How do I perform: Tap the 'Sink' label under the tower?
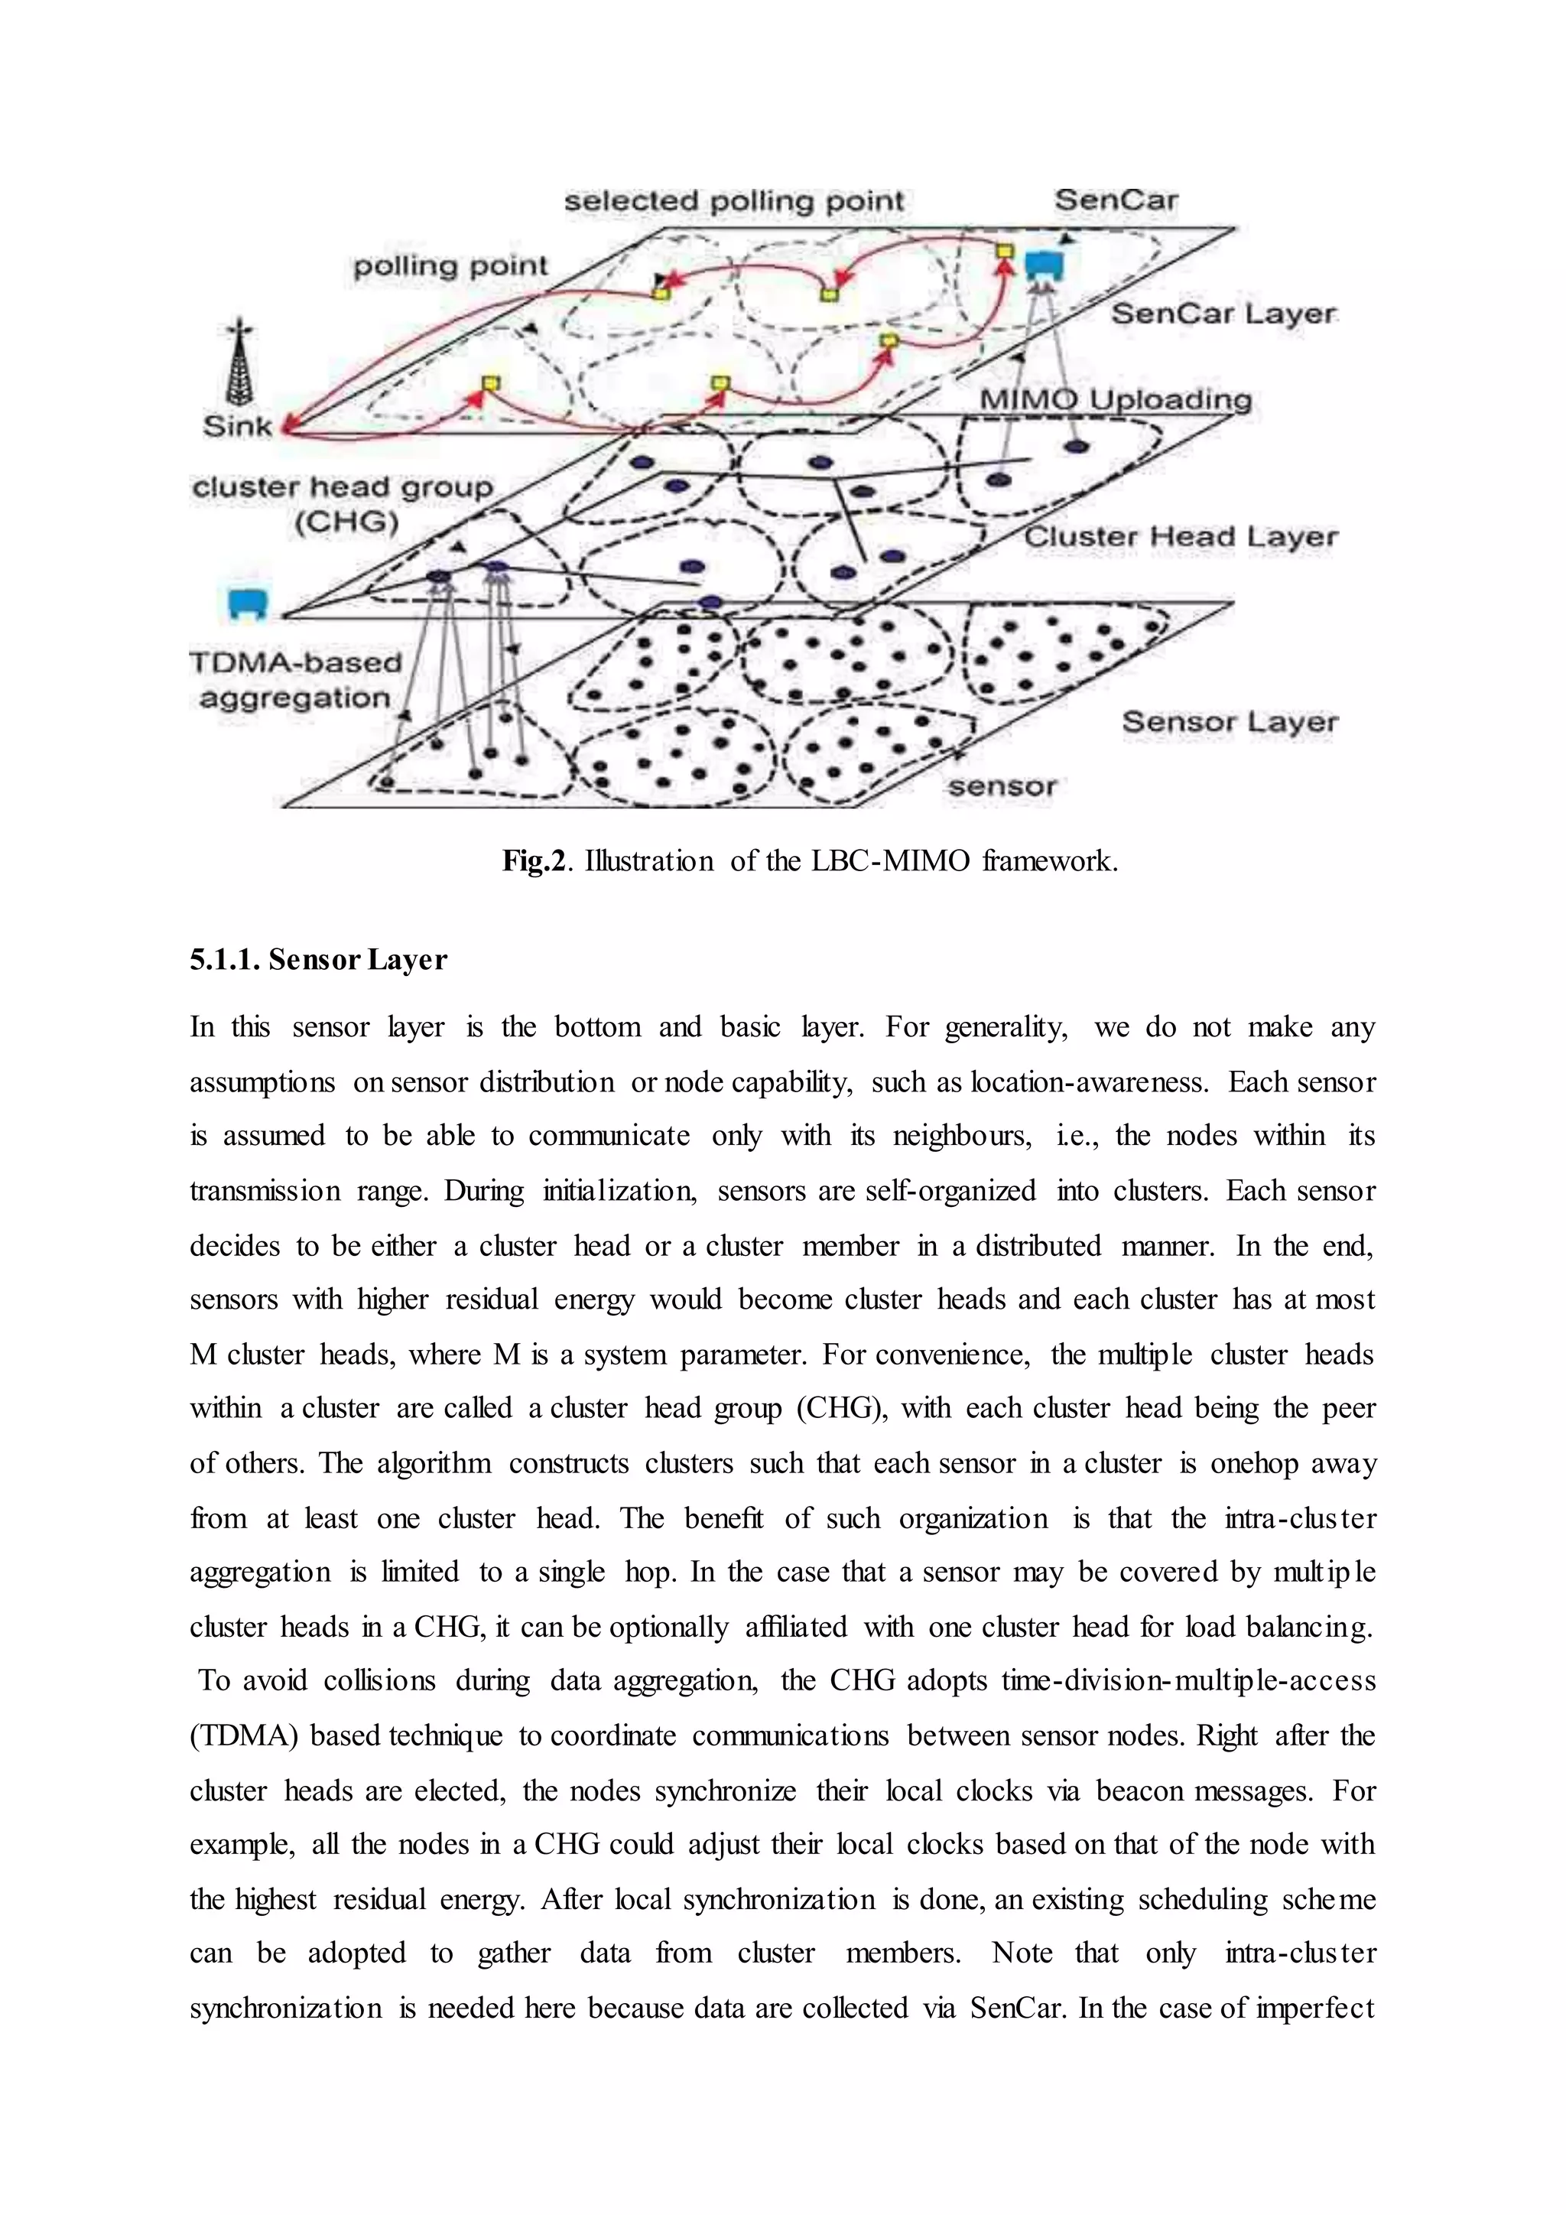click(x=237, y=425)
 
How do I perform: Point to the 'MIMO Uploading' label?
click(x=1115, y=399)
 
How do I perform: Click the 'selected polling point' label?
click(x=733, y=202)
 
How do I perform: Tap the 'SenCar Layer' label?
click(x=1223, y=314)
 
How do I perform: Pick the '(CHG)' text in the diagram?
click(x=346, y=523)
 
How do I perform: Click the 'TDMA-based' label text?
click(x=295, y=663)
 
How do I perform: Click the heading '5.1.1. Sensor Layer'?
click(x=318, y=960)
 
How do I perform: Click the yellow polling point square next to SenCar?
click(x=1005, y=252)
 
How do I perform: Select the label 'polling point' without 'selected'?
click(x=450, y=265)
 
